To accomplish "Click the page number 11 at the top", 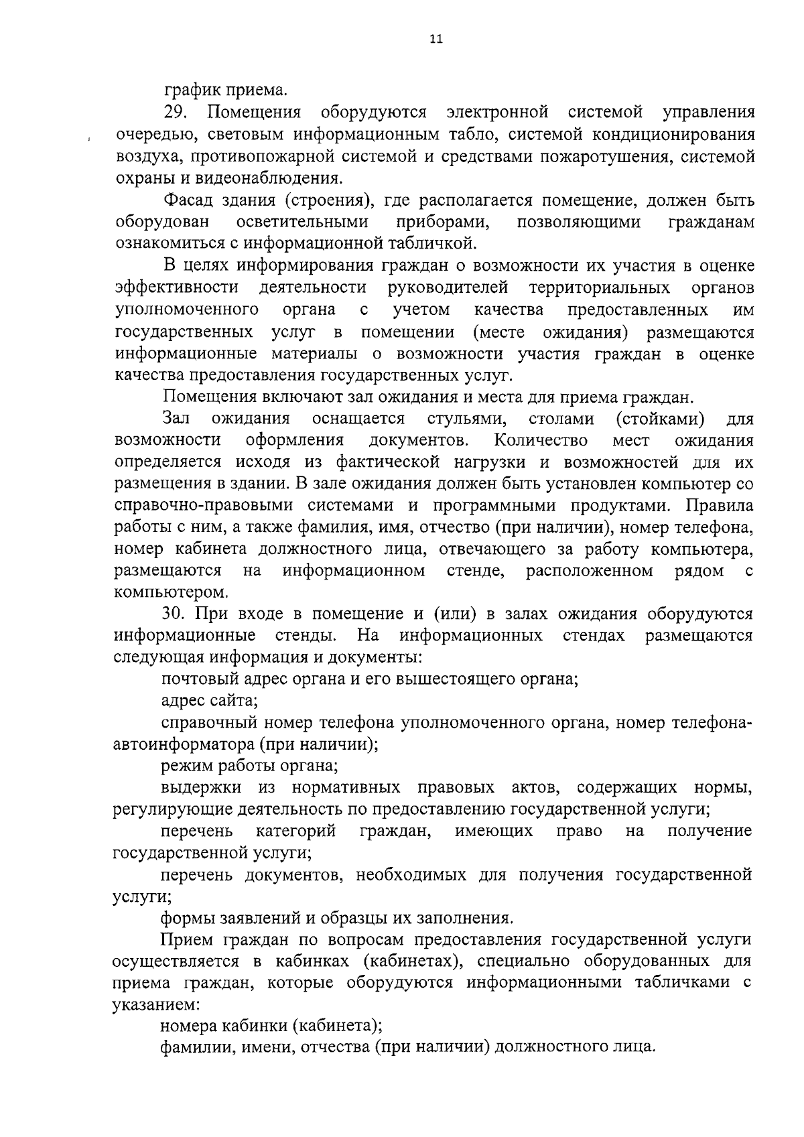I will (x=436, y=40).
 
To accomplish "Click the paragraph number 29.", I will (x=176, y=112).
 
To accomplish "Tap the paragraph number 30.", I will (x=176, y=614).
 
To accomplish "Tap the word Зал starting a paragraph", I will (x=176, y=419).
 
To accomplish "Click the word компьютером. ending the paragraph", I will (x=172, y=592).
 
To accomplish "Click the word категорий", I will (x=295, y=831).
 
